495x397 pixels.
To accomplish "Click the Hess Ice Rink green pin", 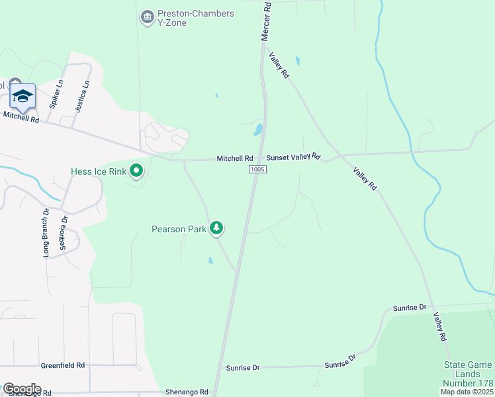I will coord(137,171).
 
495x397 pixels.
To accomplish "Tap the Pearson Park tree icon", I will coord(216,228).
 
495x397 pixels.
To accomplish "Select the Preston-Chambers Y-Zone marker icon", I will coord(147,15).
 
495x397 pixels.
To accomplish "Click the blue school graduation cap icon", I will coord(22,97).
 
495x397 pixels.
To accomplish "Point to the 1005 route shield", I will coord(258,170).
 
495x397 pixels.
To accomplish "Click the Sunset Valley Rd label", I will coord(293,157).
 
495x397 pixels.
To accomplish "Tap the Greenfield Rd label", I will coord(63,365).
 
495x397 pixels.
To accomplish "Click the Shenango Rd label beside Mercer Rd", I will coord(187,392).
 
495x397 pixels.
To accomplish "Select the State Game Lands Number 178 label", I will coord(467,374).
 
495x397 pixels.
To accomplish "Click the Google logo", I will coord(21,389).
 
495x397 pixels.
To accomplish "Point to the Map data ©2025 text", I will coord(467,392).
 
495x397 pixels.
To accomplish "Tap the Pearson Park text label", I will coord(179,229).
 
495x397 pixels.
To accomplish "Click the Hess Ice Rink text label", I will coord(98,172).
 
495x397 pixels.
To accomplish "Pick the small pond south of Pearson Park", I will coord(210,260).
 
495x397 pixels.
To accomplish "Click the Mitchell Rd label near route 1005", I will coord(235,159).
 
